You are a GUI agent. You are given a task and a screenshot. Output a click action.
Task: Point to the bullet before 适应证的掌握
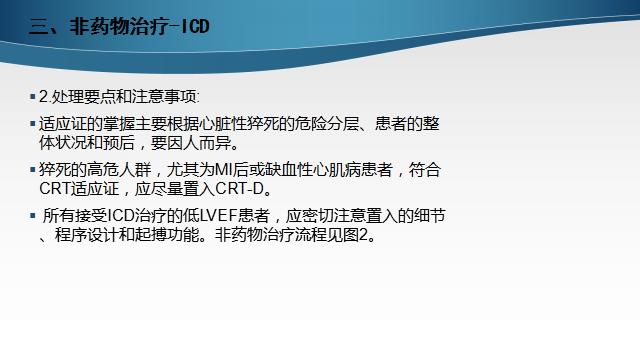pos(32,124)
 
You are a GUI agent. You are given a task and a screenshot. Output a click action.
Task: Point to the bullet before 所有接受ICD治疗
pos(32,216)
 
